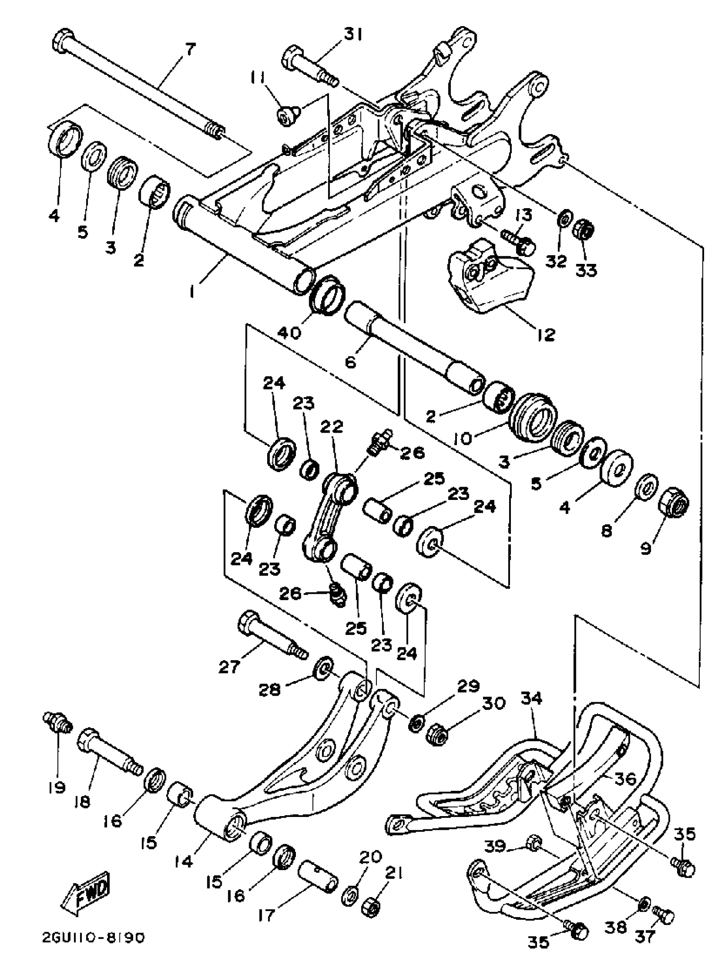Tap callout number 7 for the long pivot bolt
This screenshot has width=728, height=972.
(x=189, y=50)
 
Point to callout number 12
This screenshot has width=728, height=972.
(x=545, y=335)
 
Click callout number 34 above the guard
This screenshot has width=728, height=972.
(x=532, y=698)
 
